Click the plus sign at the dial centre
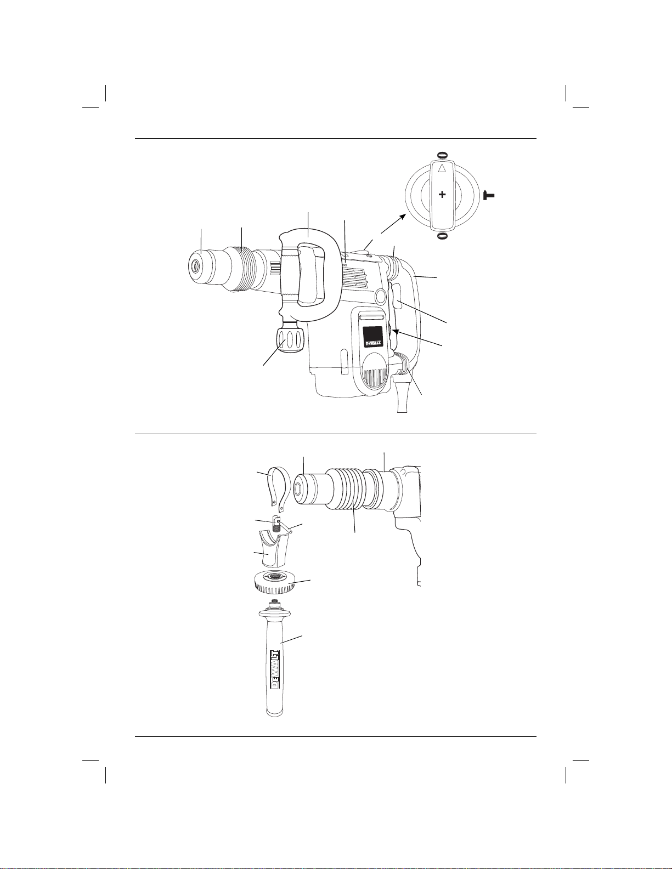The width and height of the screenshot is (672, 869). click(x=442, y=195)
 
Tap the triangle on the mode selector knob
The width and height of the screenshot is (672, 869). click(x=442, y=169)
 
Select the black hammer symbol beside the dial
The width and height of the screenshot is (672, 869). click(x=489, y=195)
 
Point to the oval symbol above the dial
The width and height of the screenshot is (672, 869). click(x=442, y=155)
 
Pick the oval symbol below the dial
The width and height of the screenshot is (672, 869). click(x=442, y=236)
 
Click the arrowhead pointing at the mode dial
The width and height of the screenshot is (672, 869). click(x=403, y=217)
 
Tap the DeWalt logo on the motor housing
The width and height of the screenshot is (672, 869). click(x=373, y=343)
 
